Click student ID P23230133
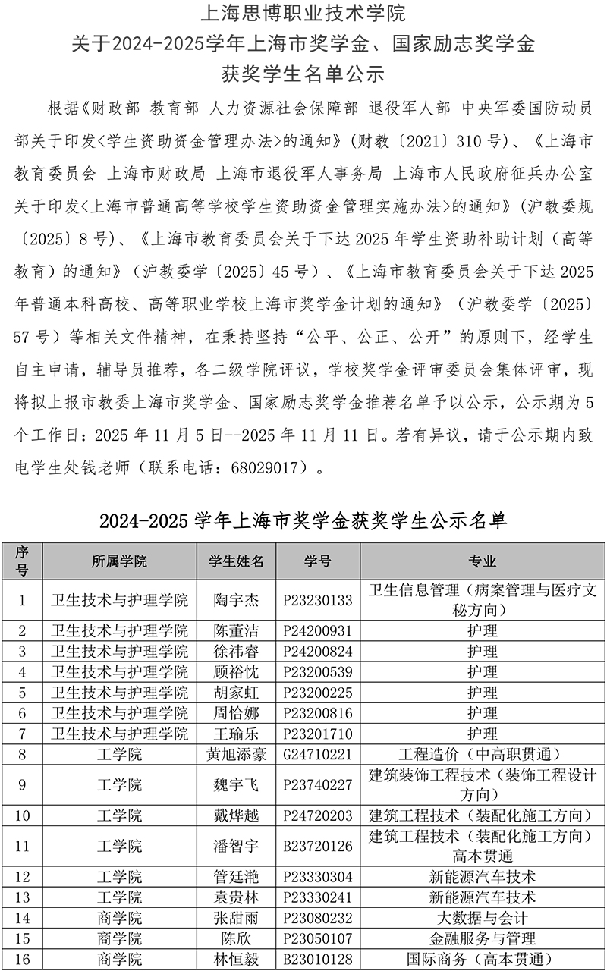(x=318, y=600)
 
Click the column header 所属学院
(x=119, y=561)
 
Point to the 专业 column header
(x=483, y=561)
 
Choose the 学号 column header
(x=318, y=561)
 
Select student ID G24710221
(x=318, y=754)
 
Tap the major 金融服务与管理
(x=483, y=938)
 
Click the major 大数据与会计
(x=483, y=918)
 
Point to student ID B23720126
(x=318, y=846)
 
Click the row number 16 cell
(x=22, y=959)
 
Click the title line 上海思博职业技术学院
(x=303, y=14)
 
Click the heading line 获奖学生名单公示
(x=303, y=74)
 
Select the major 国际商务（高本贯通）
(x=483, y=959)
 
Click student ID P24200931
(x=318, y=630)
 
